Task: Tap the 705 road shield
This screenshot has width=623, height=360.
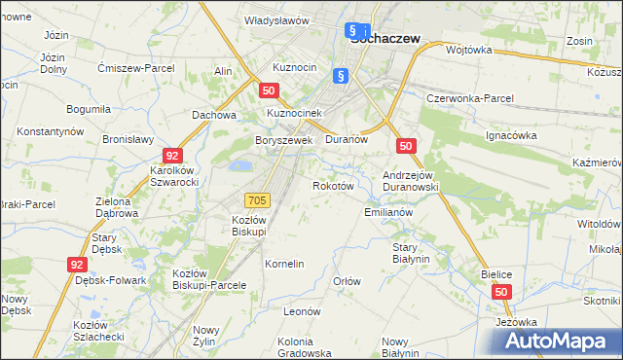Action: click(257, 200)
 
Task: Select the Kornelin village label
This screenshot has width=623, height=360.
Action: click(285, 264)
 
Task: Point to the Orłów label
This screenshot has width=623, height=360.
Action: click(348, 281)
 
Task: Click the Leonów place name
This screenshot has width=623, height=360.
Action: click(302, 311)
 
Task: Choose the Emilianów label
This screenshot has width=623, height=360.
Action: click(389, 212)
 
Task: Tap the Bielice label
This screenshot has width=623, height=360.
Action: click(496, 275)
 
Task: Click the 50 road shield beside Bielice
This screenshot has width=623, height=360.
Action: click(501, 292)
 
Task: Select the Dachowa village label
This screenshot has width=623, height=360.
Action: click(215, 115)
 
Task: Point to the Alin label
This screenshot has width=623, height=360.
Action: click(223, 72)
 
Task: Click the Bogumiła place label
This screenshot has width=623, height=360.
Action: click(89, 109)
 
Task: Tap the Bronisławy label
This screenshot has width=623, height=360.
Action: click(128, 139)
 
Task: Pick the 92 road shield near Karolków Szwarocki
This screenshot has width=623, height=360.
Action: click(172, 155)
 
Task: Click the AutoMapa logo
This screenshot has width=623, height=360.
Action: click(554, 342)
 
